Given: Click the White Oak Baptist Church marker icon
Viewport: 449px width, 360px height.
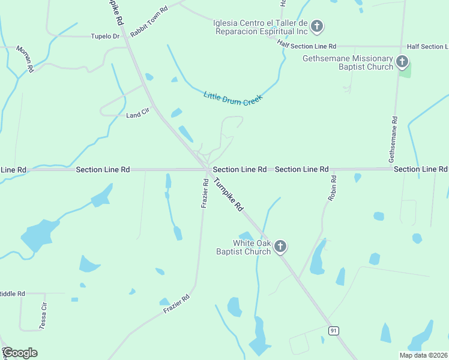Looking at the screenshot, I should [x=280, y=246].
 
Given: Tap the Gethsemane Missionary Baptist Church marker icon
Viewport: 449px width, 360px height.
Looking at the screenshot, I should [x=402, y=62].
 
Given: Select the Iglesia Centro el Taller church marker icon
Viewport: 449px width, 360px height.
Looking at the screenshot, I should [x=318, y=26].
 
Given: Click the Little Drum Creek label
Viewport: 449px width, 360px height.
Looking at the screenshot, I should [x=234, y=98].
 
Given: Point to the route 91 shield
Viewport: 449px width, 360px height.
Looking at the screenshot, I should [x=334, y=331].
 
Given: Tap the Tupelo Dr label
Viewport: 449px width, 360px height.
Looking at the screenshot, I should [x=105, y=36].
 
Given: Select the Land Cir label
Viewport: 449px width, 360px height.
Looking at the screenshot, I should [x=137, y=115].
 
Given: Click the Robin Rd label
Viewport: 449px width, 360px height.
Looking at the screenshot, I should [x=333, y=188].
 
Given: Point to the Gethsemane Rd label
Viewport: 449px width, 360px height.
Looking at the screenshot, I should [x=394, y=139].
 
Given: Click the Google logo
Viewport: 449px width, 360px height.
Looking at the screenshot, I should [x=20, y=353].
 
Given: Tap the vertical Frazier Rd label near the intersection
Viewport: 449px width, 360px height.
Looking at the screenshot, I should [x=204, y=193].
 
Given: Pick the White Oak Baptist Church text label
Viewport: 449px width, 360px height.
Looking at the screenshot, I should [x=244, y=247].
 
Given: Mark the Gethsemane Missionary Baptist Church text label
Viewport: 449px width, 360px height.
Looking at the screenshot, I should [x=348, y=62].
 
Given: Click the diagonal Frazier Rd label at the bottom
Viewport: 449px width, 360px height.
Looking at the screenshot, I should [x=176, y=304].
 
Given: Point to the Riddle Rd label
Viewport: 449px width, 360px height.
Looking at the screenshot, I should [x=12, y=293].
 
